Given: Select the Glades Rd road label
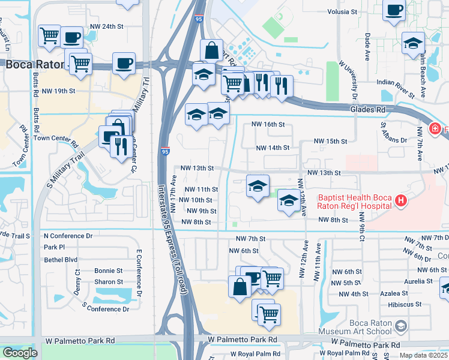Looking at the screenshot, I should [x=368, y=110].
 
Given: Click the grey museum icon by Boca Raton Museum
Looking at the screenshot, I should [x=402, y=326].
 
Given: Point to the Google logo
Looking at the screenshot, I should [x=20, y=353].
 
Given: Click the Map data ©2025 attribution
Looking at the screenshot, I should [x=423, y=355].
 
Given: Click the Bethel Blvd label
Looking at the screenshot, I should [x=61, y=260].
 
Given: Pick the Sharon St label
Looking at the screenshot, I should [x=109, y=281].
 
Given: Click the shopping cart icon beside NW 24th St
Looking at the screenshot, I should [x=49, y=36].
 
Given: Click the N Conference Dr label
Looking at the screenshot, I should [x=68, y=236].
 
